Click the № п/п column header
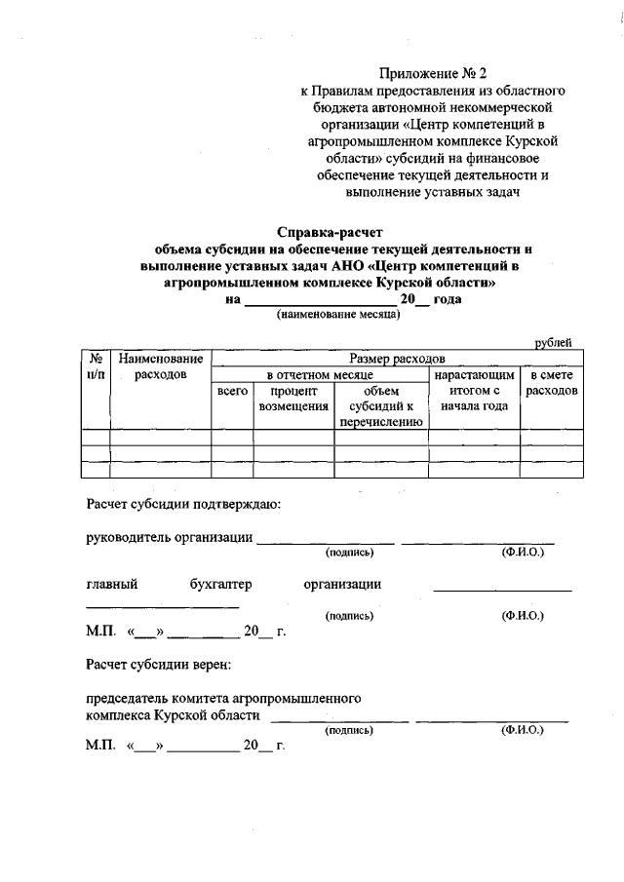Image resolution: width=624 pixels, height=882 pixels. tap(96, 367)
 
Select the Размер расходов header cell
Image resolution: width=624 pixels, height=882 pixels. tap(397, 359)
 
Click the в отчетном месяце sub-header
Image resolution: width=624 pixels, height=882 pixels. tap(320, 374)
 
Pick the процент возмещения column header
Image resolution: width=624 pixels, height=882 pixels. tap(292, 399)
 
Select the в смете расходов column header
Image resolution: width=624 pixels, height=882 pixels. tap(551, 382)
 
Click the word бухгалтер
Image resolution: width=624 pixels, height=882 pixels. tap(220, 585)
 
